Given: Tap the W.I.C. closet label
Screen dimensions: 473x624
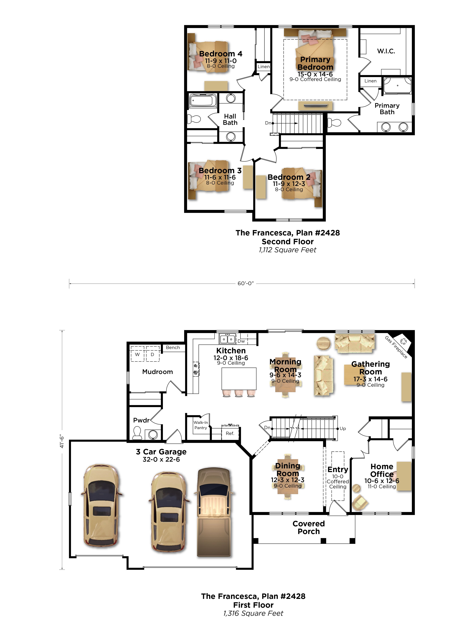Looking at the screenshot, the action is pos(386,51).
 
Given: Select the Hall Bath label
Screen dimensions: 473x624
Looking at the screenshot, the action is pos(230,119).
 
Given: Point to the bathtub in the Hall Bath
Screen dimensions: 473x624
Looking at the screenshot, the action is pos(203,101).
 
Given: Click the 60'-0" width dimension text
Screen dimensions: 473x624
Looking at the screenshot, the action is pos(246,283).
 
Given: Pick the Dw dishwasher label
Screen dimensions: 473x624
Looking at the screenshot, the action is pos(241,341).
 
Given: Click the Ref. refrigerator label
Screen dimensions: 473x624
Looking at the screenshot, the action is pos(230,433).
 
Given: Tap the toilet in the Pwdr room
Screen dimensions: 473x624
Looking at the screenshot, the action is pos(137,433).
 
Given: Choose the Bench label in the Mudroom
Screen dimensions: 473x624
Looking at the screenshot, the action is pos(173,348).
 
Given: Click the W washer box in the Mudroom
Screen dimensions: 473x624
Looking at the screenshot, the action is pos(137,354).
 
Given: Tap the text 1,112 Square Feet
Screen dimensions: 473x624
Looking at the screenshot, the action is pos(288,250).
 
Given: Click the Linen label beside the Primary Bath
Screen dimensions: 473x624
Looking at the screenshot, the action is pos(370,81).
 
